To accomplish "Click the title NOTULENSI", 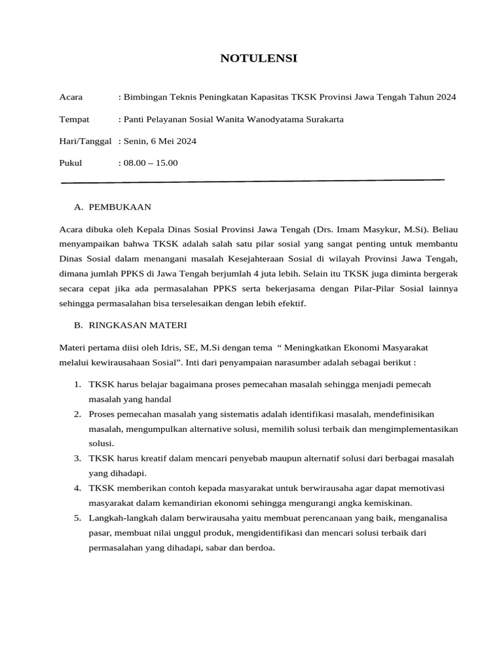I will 258,58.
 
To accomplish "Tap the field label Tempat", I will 74,119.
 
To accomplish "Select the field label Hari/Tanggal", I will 85,141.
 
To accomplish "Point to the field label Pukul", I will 71,163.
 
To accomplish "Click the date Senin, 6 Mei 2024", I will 160,141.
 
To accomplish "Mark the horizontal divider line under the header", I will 252,181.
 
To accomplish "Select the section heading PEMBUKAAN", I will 120,207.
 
